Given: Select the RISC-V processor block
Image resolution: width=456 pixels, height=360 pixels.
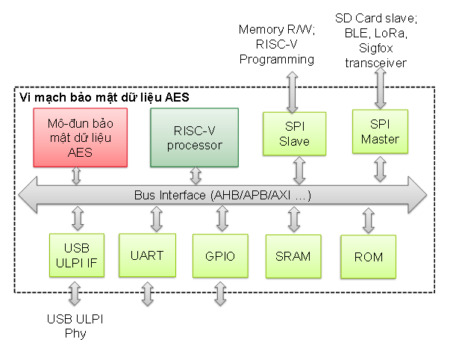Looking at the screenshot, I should pyautogui.click(x=195, y=137).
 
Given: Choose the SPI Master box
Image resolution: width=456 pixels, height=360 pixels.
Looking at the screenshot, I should pyautogui.click(x=379, y=132).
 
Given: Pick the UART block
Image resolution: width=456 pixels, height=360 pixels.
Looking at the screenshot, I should pyautogui.click(x=146, y=255).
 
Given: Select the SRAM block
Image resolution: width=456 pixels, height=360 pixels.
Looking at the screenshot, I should pyautogui.click(x=293, y=256).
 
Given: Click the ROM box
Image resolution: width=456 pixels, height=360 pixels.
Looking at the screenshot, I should pyautogui.click(x=369, y=257).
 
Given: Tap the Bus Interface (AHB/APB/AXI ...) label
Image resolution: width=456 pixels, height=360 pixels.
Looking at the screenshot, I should pyautogui.click(x=222, y=196).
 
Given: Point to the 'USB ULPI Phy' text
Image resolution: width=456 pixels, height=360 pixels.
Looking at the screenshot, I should pyautogui.click(x=75, y=326).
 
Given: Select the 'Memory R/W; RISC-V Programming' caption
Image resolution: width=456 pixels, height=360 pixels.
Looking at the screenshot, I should pyautogui.click(x=277, y=44).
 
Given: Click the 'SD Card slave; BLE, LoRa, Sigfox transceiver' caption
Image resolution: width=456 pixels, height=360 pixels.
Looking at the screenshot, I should pyautogui.click(x=376, y=39).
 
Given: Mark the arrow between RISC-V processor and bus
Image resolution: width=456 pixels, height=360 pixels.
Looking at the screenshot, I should pyautogui.click(x=196, y=176).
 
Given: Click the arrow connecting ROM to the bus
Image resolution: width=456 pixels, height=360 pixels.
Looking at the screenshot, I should pyautogui.click(x=369, y=221).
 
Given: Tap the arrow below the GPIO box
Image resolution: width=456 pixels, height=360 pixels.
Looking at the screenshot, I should pyautogui.click(x=219, y=293).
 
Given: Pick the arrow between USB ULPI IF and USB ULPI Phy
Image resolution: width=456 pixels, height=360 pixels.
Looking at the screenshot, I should pyautogui.click(x=75, y=293).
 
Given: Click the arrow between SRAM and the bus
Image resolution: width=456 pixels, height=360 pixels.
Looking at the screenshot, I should pyautogui.click(x=293, y=221).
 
